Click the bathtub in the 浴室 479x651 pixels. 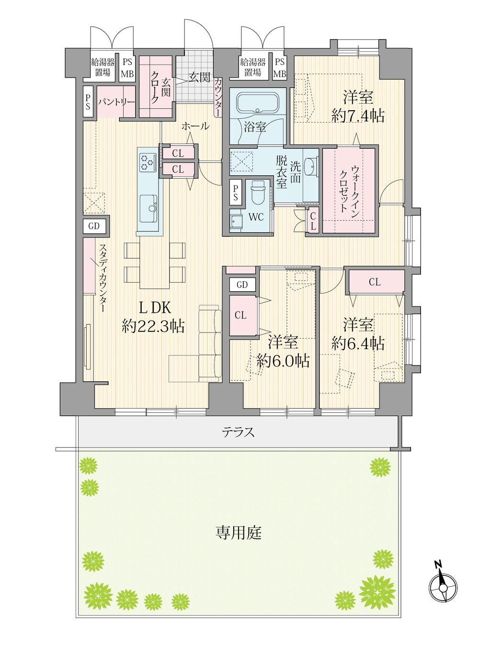point(258,104)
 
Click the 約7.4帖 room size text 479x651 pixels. point(358,116)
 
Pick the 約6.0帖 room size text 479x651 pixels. point(283,361)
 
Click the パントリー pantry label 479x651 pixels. point(116,102)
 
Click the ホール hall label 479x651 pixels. point(195,126)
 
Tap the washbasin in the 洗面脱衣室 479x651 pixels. point(310,168)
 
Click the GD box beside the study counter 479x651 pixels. point(94,226)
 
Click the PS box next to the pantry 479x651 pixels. point(88,102)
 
